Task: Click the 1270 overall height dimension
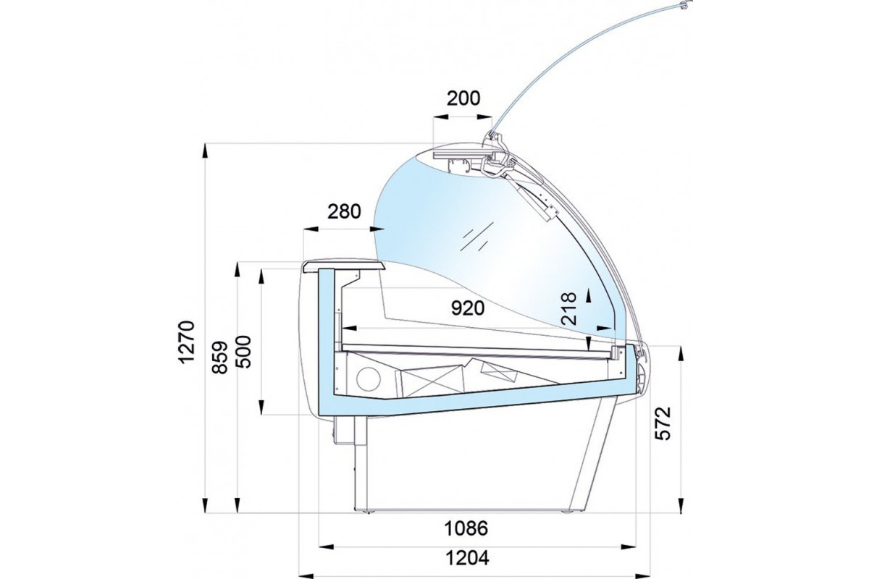[186, 342]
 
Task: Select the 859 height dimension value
[219, 358]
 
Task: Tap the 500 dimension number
[243, 352]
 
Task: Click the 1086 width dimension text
[466, 528]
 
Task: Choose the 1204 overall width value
[467, 559]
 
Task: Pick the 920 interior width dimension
[468, 308]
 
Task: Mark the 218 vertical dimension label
[569, 308]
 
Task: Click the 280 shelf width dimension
[344, 211]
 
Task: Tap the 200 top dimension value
[463, 98]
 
